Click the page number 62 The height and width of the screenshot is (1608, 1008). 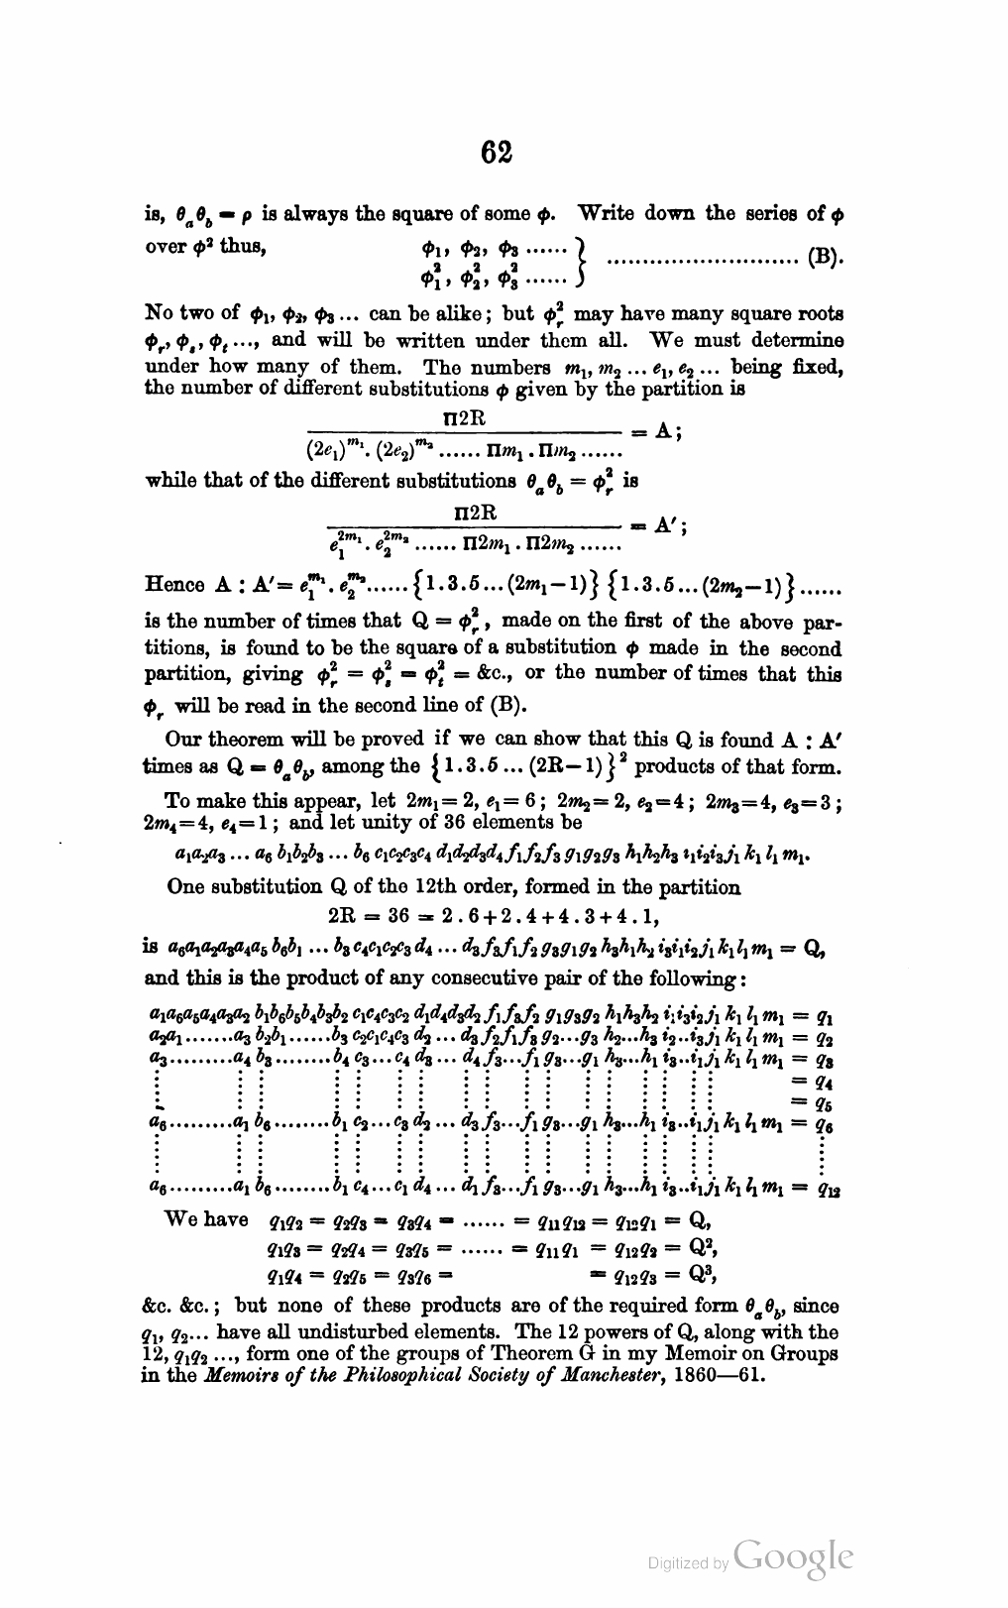pos(497,153)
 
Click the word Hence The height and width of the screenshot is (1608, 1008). pos(175,584)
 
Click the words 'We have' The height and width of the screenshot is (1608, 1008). pos(206,1219)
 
